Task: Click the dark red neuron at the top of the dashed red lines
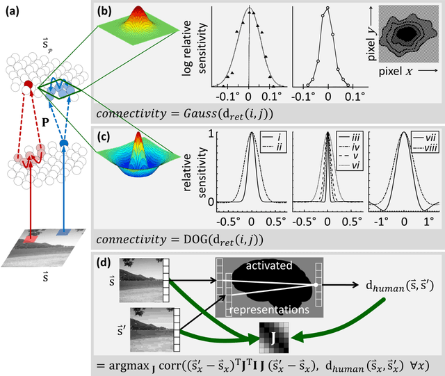[29, 85]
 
